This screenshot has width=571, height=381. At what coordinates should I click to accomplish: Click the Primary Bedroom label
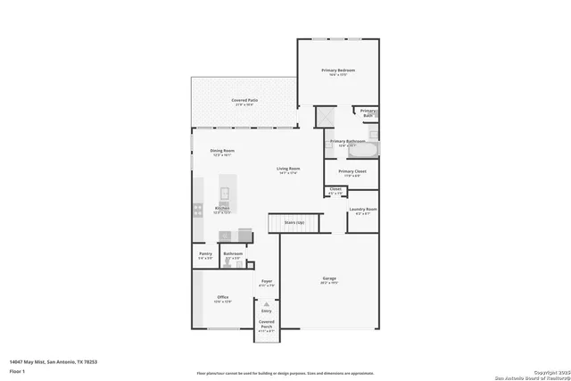pos(338,70)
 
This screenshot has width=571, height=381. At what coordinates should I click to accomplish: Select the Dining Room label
pos(222,151)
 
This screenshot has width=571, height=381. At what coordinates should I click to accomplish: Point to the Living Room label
pos(287,169)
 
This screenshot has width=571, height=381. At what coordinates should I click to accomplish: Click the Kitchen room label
pos(221,208)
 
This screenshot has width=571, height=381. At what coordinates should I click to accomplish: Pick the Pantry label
pos(205,254)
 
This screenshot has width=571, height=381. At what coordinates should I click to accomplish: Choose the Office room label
pos(222,297)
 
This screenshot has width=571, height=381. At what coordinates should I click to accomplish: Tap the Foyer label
pos(266,282)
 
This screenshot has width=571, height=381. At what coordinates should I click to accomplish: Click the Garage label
pos(329,279)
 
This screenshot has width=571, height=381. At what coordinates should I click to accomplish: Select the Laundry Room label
pos(366,210)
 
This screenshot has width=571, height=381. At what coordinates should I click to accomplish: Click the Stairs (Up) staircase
pos(294,222)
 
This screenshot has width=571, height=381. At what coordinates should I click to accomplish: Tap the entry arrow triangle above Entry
pos(266,304)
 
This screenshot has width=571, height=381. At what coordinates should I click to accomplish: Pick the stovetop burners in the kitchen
pos(196,211)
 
